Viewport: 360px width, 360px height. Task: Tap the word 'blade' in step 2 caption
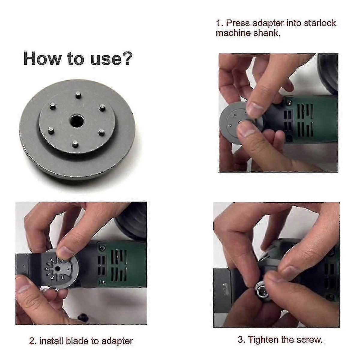(77, 341)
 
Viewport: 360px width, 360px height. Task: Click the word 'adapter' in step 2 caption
(117, 341)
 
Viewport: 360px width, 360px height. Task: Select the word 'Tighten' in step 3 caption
(263, 340)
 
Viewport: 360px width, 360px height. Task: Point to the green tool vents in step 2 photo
(117, 264)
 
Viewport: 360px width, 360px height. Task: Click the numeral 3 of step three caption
(240, 340)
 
